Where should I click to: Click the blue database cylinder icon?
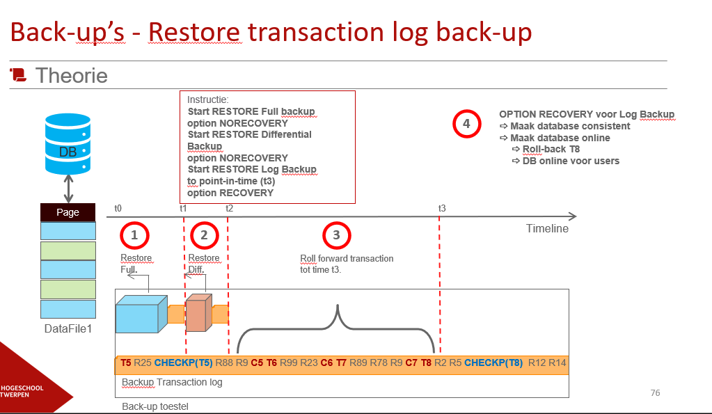click(68, 141)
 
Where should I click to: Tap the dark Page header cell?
click(68, 212)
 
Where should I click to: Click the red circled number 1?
click(134, 235)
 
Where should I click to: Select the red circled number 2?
click(204, 235)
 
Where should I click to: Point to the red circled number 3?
click(336, 235)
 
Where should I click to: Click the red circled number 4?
click(466, 124)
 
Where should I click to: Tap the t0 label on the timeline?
click(118, 208)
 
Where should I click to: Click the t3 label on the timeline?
click(442, 208)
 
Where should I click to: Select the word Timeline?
click(547, 228)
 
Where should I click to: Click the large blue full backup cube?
click(141, 315)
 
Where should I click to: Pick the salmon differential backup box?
click(198, 315)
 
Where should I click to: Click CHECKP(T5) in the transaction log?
click(183, 363)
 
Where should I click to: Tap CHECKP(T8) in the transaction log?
click(493, 363)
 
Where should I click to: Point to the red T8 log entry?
click(426, 363)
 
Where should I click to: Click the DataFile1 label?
click(68, 328)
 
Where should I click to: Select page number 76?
click(655, 393)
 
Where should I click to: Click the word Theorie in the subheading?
click(71, 75)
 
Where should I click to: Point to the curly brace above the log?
click(338, 327)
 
